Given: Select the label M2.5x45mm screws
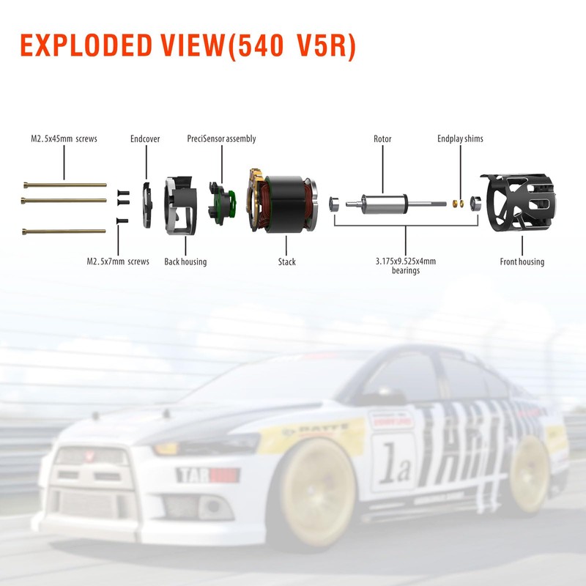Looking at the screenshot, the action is [x=64, y=138].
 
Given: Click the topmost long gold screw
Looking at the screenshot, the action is [x=64, y=185].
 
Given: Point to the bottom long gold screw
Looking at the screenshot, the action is [x=64, y=231].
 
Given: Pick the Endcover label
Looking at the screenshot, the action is [x=145, y=138].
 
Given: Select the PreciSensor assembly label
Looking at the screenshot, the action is [x=221, y=138].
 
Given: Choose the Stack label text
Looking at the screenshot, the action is [x=287, y=262].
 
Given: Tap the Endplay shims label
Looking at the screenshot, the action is [x=460, y=138].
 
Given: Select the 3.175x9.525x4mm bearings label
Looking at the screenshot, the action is [x=408, y=265].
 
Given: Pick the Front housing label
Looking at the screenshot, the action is [x=522, y=262].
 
